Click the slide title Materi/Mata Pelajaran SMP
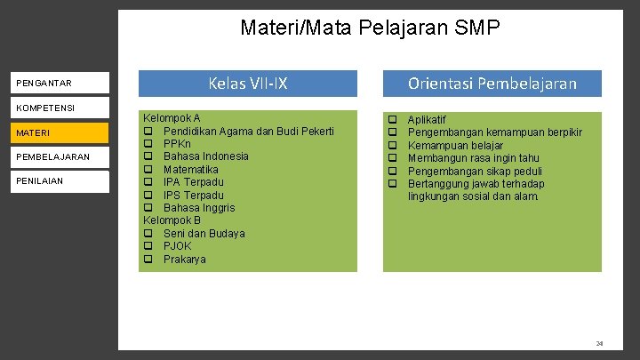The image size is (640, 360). pos(370,28)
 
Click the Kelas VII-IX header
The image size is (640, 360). pos(247,84)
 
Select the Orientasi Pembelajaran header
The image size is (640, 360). pos(492,84)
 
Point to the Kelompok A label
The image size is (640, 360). pos(172,118)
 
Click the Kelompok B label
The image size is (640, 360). pos(172,220)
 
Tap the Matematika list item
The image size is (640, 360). pos(190,169)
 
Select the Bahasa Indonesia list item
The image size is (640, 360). pos(205,156)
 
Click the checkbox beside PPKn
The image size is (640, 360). pos(148,144)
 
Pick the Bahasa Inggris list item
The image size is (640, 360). pos(199,208)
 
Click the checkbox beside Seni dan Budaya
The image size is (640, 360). pos(148,234)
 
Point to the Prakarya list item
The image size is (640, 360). pos(184,260)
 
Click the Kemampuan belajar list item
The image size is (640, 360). pos(455,145)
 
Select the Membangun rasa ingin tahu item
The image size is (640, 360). pos(473,158)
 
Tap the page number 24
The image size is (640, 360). pos(599,343)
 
